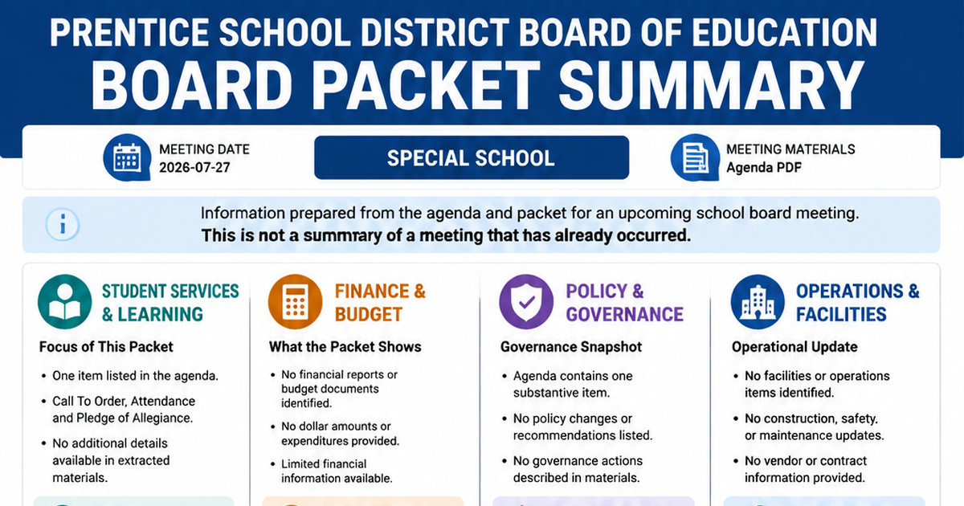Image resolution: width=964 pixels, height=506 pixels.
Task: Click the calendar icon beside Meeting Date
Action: [x=127, y=157]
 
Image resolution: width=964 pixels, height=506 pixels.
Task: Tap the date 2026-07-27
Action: [x=194, y=167]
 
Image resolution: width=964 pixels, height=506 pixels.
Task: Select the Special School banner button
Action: [x=472, y=157]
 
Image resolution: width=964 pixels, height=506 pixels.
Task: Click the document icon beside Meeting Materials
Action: [x=695, y=157]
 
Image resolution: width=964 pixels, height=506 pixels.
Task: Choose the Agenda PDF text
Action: [x=764, y=167]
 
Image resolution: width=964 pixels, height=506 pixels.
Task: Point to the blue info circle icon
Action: [x=63, y=225]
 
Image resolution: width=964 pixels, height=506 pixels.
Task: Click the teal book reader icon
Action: [x=65, y=302]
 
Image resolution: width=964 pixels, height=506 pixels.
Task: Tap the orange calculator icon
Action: [x=296, y=302]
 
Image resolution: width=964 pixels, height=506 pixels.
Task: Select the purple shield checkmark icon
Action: [x=526, y=302]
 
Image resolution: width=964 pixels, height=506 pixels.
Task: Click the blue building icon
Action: [x=758, y=302]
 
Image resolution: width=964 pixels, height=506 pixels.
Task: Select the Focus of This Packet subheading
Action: [x=106, y=347]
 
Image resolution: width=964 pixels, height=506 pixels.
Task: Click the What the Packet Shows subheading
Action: [x=345, y=347]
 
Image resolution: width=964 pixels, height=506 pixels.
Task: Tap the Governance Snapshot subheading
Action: [x=571, y=347]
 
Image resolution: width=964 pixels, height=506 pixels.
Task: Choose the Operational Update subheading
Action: [x=794, y=347]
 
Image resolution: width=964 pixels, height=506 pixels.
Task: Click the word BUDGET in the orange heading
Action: [x=369, y=315]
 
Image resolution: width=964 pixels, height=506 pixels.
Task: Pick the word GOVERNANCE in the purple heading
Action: [x=624, y=315]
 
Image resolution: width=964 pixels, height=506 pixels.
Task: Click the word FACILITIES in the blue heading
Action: [x=841, y=315]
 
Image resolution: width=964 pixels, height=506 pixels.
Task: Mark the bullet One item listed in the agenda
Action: [x=135, y=376]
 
